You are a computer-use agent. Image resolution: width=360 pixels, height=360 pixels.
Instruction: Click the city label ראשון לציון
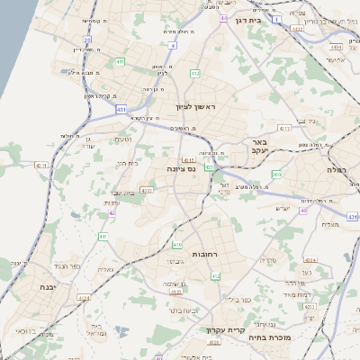click(x=209, y=107)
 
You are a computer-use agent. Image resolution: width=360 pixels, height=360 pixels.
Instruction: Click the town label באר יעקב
click(x=259, y=148)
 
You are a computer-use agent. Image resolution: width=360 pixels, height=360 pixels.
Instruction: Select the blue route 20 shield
click(x=87, y=40)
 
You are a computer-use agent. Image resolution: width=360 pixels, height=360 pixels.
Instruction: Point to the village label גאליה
click(x=104, y=269)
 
